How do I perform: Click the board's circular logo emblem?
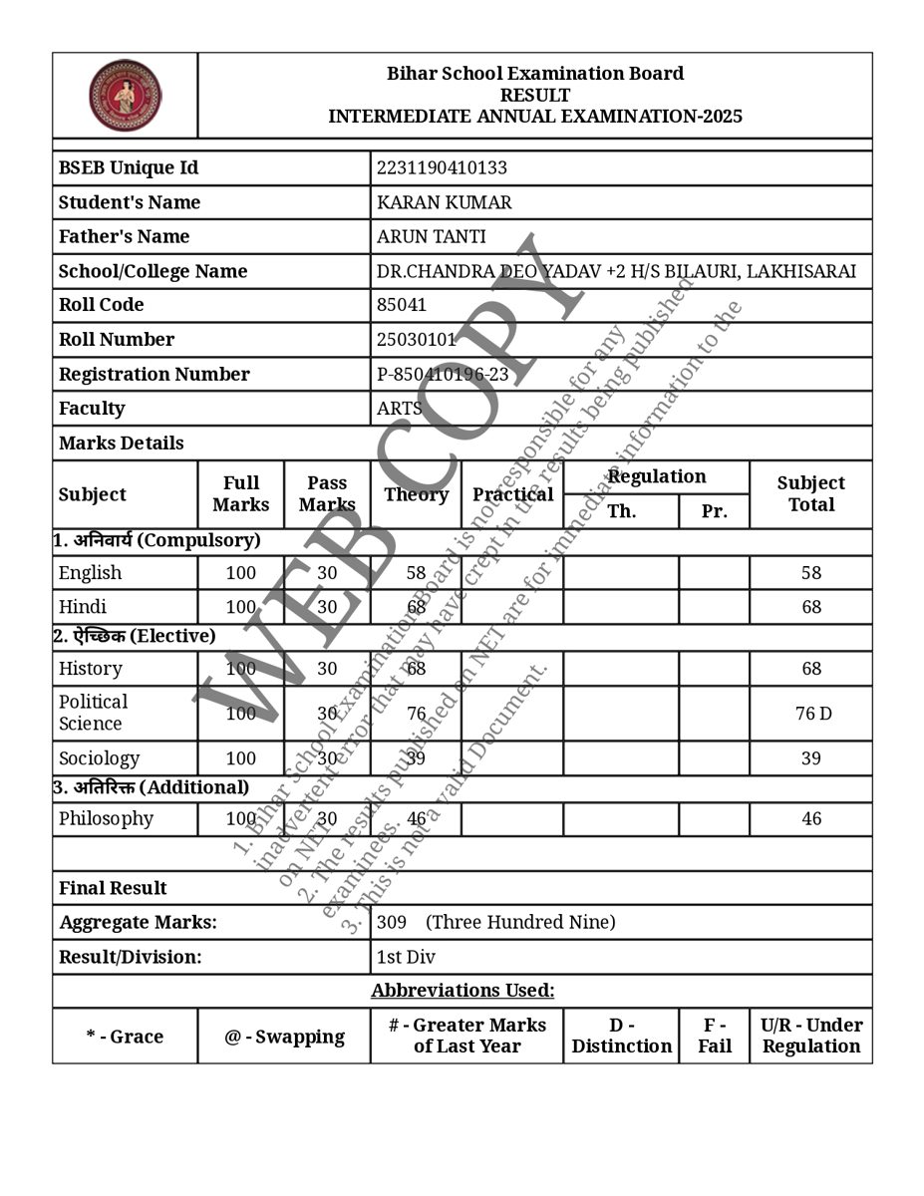coord(125,96)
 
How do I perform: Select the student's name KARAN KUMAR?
coord(445,202)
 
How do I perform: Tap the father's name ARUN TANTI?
coord(432,236)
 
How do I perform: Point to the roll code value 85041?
coord(402,305)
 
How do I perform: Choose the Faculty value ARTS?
coord(400,408)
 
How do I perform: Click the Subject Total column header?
coord(810,493)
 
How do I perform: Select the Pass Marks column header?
coord(327,493)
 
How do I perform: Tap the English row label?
coord(91,573)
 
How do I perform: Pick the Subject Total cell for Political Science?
coord(810,714)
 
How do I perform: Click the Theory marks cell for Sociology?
coord(416,758)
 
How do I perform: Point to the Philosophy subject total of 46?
coord(811,819)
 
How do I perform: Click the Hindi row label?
coord(83,607)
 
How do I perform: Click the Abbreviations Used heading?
coord(462,991)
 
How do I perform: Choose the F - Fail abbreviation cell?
coord(714,1036)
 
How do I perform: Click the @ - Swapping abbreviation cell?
coord(284,1037)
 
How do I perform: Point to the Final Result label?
coord(113,888)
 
